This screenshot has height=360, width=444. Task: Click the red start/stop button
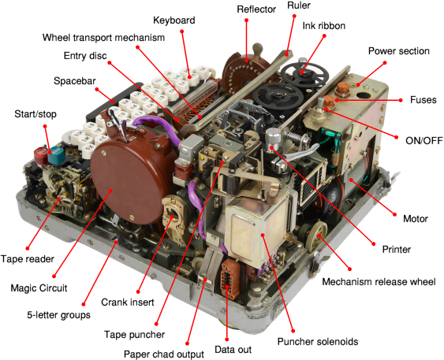coord(41,155)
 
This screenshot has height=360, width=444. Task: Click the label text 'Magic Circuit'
coord(39,288)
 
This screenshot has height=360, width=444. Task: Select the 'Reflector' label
coord(256,9)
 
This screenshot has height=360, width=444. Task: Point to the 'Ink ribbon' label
coord(324,26)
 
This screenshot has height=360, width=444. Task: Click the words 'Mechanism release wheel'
coord(379,282)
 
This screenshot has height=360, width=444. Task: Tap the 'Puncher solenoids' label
coord(318,341)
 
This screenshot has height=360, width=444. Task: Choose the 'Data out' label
coord(233,350)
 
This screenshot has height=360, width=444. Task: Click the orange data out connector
coord(229,279)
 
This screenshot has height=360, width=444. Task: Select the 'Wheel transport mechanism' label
coord(103,38)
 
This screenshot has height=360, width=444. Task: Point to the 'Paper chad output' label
coord(164,354)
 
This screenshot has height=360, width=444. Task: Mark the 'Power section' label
coord(399,51)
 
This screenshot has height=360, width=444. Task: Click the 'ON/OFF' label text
coord(424,140)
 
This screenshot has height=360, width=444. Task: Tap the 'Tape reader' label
coord(27,258)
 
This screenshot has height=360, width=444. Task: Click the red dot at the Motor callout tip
coord(395,214)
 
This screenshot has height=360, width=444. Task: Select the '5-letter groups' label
coord(58,315)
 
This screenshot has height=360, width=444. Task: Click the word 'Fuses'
coord(423,99)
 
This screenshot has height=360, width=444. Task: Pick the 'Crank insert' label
coord(128,302)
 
